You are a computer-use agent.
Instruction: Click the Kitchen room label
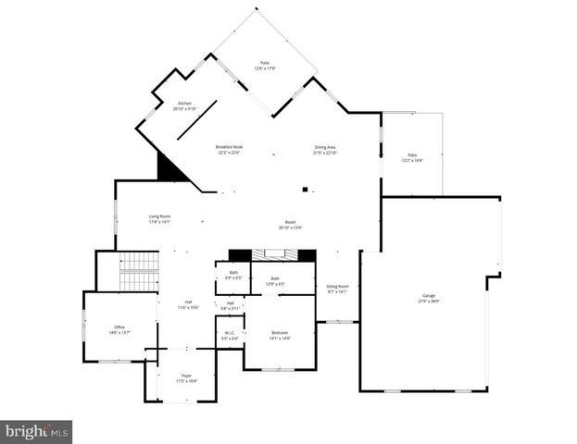(x=179, y=105)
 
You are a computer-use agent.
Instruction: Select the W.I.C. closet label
(x=230, y=336)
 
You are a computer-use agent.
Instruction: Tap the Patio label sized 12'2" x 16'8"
(x=412, y=157)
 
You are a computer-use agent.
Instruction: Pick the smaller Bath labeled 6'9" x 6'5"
(x=233, y=275)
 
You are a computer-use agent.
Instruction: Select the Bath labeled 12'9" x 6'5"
(x=275, y=280)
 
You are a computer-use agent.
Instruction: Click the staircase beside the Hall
(x=139, y=271)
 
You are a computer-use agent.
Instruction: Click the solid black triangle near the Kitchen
(x=169, y=168)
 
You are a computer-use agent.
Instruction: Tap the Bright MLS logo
(x=36, y=431)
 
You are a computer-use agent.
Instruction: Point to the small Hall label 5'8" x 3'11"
(x=230, y=305)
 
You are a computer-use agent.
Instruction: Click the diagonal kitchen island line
(x=197, y=119)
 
